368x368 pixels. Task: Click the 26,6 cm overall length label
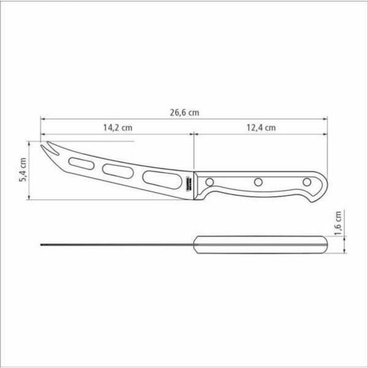point(184,113)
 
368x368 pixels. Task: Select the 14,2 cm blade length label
point(117,128)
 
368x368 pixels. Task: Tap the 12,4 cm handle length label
point(261,128)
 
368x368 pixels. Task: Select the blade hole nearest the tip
point(81,163)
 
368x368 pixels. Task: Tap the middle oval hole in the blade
point(118,171)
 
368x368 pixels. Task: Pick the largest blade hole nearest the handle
point(162,180)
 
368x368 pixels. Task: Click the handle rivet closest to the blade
point(209,182)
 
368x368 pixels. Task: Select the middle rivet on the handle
point(258,182)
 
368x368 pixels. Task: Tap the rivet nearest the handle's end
point(307,182)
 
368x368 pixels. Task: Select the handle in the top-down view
point(261,245)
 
